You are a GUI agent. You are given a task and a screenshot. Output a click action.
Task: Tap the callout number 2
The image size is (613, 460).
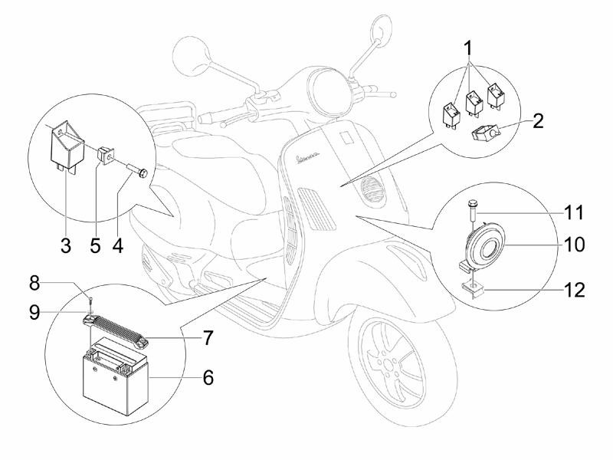(x=538, y=120)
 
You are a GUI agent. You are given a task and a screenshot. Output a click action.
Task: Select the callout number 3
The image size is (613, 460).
(x=66, y=245)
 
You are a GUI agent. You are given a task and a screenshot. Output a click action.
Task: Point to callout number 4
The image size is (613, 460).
(x=118, y=245)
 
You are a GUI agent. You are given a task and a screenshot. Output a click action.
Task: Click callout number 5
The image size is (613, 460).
(x=95, y=245)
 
